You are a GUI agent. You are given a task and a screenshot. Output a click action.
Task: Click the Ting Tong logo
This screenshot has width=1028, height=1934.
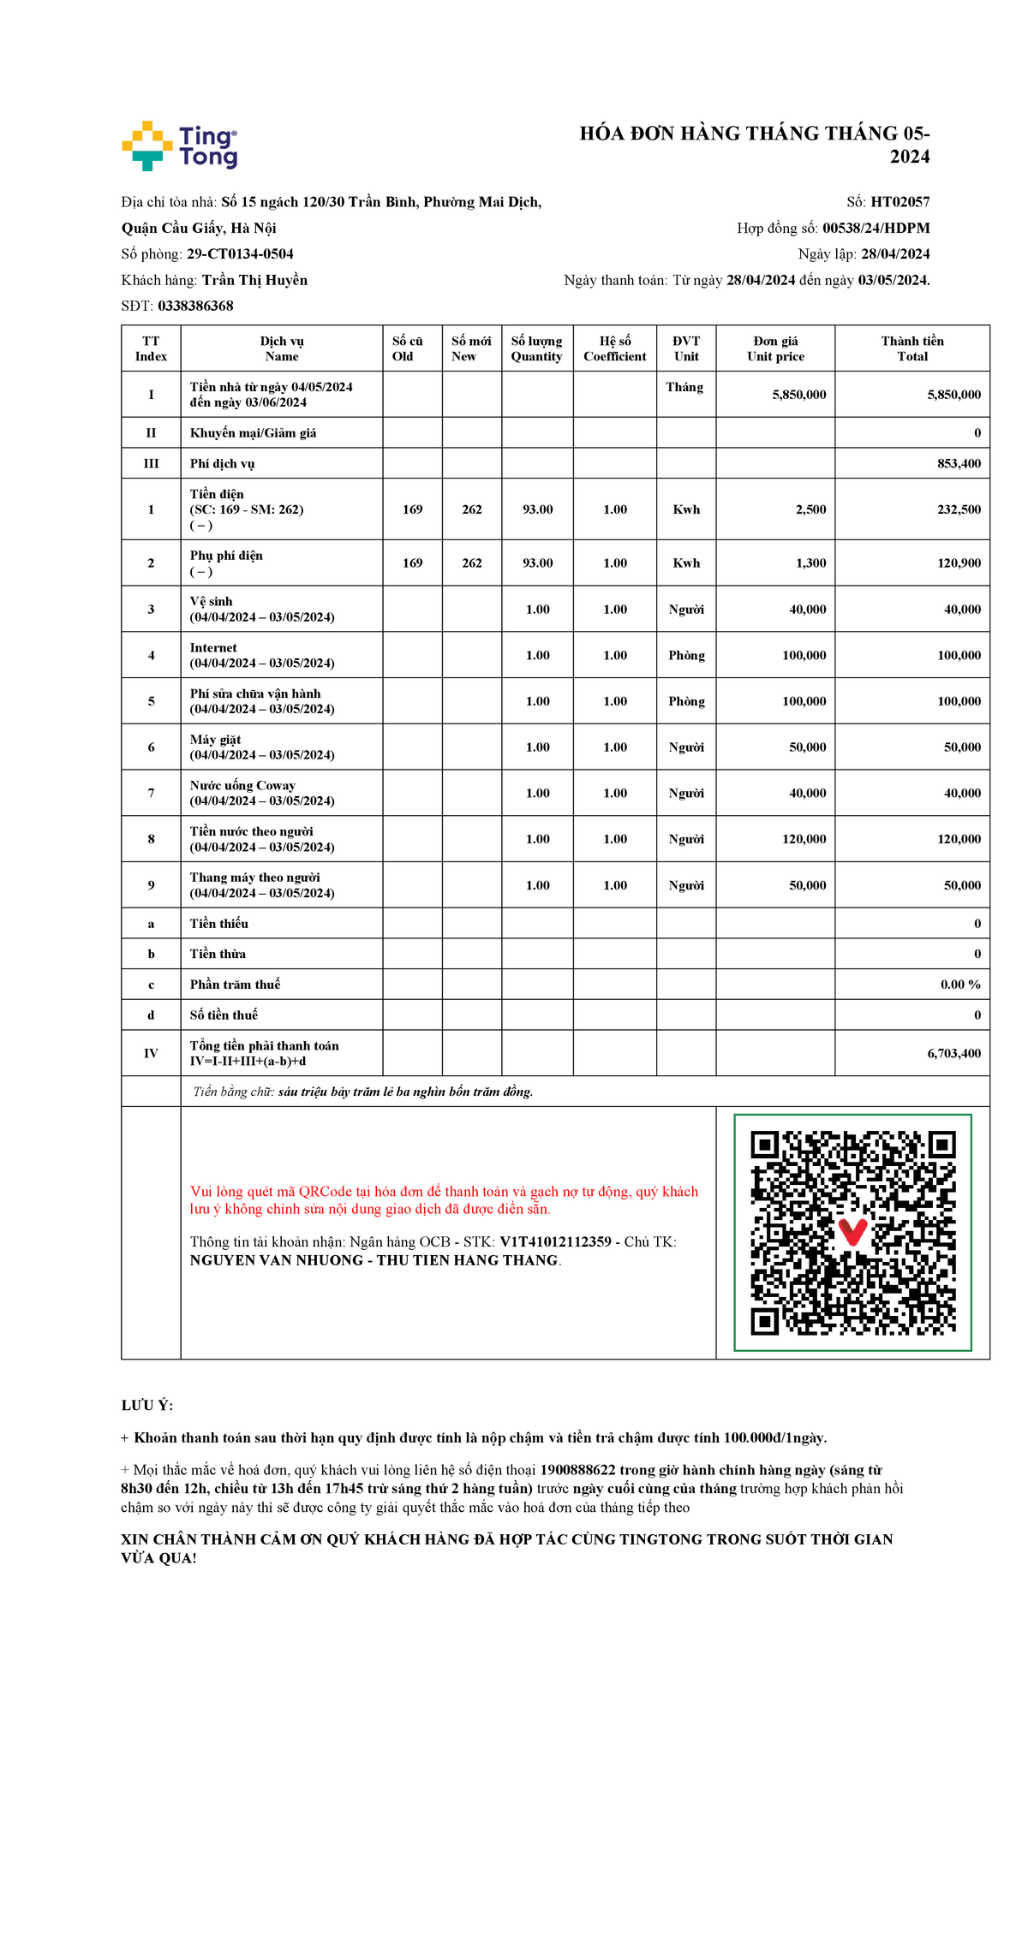point(180,146)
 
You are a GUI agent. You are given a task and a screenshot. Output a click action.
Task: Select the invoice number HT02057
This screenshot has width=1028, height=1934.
point(899,202)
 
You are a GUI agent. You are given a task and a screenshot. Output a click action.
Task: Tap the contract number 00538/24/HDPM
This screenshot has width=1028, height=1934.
point(876,228)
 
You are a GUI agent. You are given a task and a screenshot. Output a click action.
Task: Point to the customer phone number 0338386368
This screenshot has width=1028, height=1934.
point(195,306)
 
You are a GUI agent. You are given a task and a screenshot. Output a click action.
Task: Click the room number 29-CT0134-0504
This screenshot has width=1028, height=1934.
point(240,254)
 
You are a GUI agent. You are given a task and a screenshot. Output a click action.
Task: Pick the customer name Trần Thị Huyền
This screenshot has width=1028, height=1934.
point(254,280)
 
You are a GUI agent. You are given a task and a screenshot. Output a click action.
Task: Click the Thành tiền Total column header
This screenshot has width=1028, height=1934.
point(911,348)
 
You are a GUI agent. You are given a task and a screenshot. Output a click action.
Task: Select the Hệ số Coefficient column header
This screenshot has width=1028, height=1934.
point(614,348)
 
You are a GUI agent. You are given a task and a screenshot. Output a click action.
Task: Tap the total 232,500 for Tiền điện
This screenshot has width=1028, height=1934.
point(959,509)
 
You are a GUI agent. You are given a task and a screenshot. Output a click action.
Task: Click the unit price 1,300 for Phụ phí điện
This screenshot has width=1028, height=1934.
point(810,563)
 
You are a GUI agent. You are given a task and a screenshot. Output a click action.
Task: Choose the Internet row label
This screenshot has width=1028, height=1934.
point(213,648)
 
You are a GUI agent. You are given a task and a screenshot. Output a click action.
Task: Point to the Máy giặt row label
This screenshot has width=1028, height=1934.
point(215,740)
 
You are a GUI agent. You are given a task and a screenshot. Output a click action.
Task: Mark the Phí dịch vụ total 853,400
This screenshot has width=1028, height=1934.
point(959,463)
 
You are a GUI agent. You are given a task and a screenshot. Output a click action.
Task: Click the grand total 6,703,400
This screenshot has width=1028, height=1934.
point(953,1053)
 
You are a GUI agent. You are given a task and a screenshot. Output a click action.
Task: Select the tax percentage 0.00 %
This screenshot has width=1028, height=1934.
point(960,985)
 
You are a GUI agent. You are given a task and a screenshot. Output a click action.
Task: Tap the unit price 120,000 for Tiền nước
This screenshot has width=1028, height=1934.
point(804,839)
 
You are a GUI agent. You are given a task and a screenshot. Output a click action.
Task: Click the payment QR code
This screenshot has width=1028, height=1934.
point(852,1233)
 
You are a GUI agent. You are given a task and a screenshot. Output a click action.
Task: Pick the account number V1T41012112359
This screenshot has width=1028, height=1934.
point(555,1242)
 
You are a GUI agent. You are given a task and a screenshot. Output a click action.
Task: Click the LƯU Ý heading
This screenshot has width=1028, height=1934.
point(147,1405)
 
